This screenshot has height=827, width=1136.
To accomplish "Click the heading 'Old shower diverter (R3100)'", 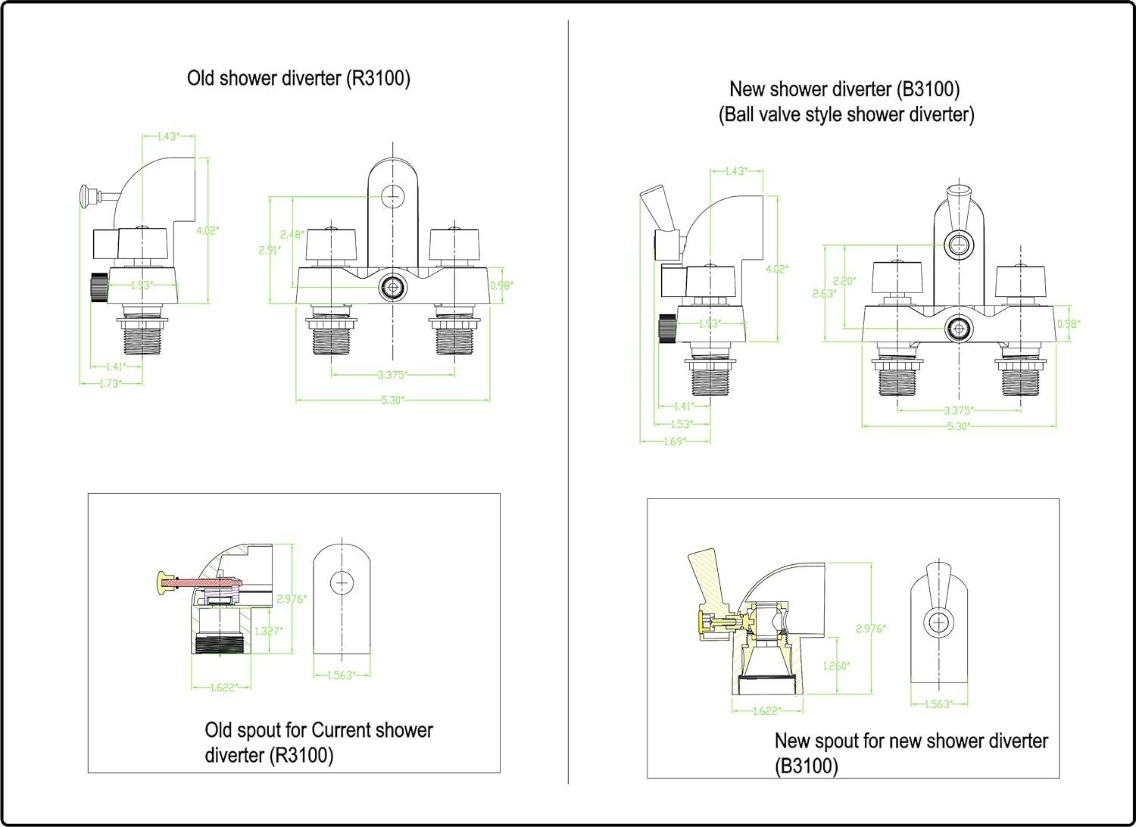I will (298, 79).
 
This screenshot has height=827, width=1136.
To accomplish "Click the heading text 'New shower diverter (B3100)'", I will (844, 89).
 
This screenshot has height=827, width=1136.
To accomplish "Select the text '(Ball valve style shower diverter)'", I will (846, 115).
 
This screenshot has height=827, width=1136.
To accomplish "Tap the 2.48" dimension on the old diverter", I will (292, 235).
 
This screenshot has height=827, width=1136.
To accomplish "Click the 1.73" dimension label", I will (111, 383).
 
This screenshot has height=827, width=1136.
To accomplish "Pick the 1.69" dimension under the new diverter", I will (674, 441).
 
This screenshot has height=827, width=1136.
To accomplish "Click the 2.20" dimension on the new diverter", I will (844, 280).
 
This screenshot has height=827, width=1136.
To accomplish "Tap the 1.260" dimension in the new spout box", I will (836, 666).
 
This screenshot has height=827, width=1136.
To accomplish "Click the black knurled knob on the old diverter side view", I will (98, 288).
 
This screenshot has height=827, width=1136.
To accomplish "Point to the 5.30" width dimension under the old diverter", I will (391, 400).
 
